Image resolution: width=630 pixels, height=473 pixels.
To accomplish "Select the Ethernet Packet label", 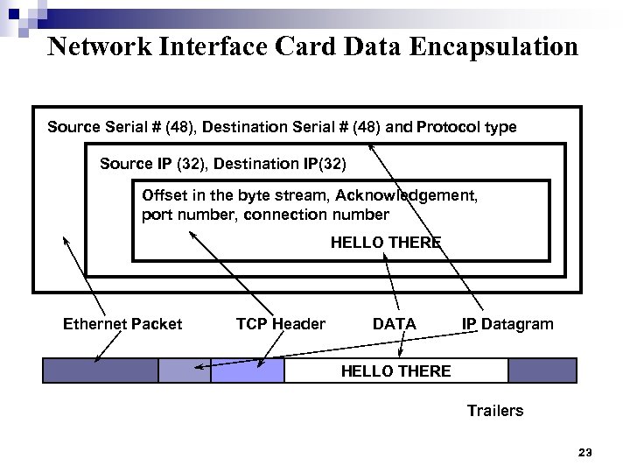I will (122, 324).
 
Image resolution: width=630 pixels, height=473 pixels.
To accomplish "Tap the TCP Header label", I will (280, 324).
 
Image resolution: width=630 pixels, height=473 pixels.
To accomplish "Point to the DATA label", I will (395, 324).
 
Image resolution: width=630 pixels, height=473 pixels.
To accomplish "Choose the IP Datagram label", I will (507, 324).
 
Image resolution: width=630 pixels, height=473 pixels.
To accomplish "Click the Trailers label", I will (495, 410).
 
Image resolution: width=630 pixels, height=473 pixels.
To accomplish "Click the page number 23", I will (585, 453).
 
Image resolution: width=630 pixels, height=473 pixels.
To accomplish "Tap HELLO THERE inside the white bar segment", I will (395, 371).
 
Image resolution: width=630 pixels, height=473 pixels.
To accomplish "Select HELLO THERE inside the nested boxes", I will (385, 243).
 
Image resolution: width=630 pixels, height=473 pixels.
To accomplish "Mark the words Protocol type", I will (466, 127).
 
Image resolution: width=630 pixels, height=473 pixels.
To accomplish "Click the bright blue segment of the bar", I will (248, 371).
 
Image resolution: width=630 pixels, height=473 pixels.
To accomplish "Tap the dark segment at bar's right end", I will (542, 371).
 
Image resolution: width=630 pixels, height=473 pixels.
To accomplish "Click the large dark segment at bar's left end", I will (101, 371).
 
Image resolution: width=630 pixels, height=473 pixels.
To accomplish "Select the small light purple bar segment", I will (185, 371).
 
